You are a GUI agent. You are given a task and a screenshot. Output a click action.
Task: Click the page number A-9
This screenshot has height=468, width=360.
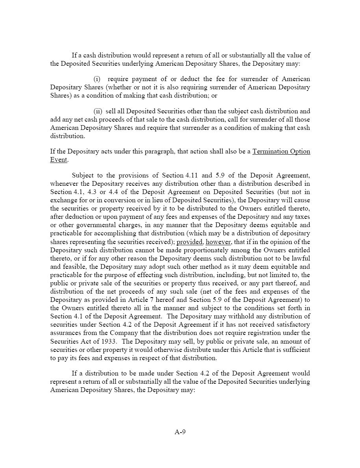[180, 432]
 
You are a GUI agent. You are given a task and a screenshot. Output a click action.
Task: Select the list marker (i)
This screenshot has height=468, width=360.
[97, 79]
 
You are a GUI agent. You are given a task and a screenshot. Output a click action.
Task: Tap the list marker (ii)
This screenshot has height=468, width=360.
[98, 111]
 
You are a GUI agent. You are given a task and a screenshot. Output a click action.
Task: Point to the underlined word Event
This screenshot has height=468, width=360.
[59, 160]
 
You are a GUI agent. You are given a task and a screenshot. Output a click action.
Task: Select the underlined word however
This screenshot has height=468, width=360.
[218, 242]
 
